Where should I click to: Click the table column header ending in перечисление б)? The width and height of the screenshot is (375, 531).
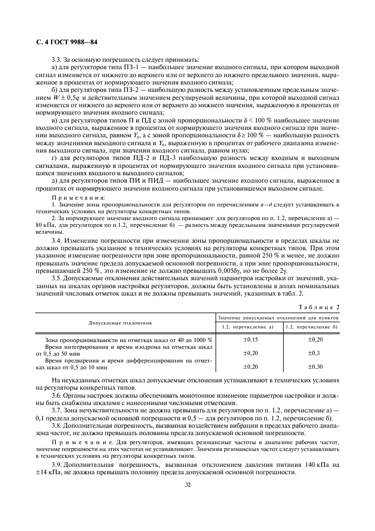tap(311, 327)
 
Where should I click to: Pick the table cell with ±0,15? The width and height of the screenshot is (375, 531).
tap(250, 339)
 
